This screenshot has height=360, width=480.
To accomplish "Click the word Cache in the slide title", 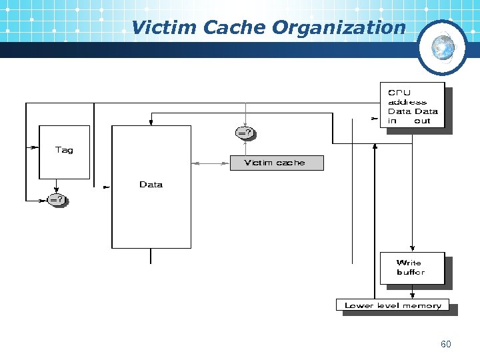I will click(236, 27).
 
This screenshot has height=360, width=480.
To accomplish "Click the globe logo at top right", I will click(443, 47).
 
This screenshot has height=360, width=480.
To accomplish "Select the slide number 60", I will click(445, 344).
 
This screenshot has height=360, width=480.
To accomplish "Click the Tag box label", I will click(64, 150).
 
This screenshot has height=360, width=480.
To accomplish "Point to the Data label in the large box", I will click(151, 185).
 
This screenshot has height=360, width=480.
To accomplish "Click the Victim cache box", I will click(276, 163).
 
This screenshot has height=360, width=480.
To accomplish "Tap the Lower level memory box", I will click(393, 305).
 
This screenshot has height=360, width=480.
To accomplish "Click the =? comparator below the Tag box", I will click(57, 199).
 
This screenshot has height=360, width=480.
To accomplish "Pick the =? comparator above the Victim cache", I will click(245, 133).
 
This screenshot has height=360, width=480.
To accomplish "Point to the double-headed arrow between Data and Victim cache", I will click(210, 163).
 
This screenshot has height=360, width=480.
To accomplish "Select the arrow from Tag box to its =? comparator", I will click(57, 186).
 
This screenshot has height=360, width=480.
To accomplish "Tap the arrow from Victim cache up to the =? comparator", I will click(245, 148).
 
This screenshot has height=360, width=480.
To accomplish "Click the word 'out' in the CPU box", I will click(422, 121).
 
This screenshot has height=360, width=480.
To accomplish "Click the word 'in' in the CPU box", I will click(392, 121).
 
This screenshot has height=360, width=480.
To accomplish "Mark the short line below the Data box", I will click(151, 256).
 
